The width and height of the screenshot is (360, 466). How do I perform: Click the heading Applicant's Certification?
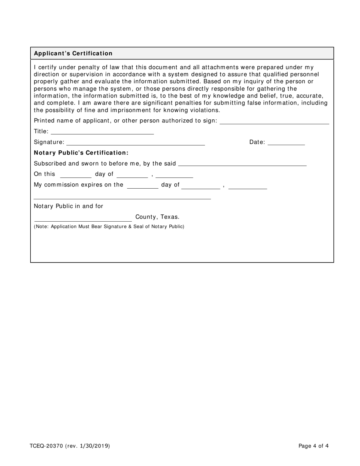coord(73,53)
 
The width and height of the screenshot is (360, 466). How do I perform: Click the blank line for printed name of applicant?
coord(274,121)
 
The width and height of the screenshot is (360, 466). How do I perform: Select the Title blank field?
coord(102,131)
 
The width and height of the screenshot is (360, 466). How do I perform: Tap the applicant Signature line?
coord(136,142)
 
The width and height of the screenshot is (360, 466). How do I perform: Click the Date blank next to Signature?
coord(286,142)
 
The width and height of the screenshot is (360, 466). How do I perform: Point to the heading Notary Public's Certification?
coord(81,153)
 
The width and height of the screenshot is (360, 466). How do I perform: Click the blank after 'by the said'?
coord(242,163)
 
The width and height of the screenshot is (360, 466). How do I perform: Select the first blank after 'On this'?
coord(76,175)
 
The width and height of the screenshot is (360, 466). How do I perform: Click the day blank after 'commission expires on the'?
coord(142,185)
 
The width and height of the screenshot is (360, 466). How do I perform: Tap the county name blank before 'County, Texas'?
coord(83,218)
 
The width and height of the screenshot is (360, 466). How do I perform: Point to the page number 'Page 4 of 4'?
coord(313,446)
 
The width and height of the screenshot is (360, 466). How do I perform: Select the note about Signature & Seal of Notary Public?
coord(109,227)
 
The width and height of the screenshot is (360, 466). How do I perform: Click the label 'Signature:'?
coord(49,142)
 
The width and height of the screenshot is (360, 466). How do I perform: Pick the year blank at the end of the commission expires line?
coord(248,185)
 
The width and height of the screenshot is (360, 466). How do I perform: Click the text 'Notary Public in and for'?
coord(69,206)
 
